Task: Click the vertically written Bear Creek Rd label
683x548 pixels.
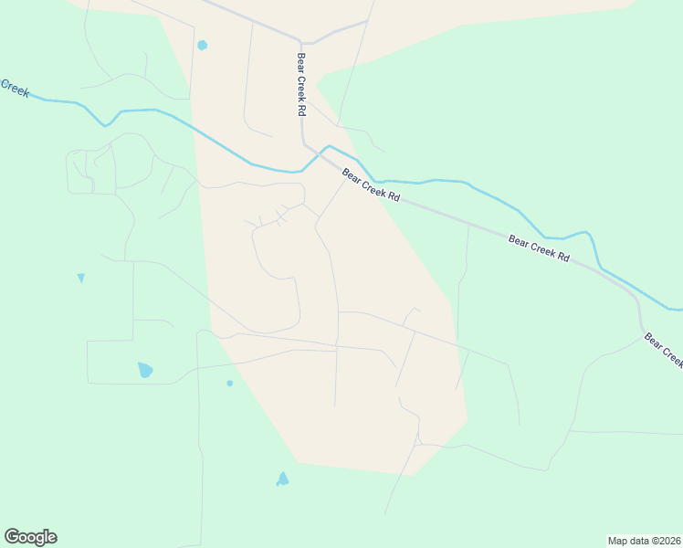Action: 300,83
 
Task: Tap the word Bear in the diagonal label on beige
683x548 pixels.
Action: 352,174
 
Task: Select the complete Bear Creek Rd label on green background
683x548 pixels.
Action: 539,248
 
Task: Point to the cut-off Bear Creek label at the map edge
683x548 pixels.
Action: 664,349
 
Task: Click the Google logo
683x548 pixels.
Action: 30,537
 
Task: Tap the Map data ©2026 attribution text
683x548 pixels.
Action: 644,540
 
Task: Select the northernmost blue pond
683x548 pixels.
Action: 202,45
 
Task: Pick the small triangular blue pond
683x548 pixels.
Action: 81,278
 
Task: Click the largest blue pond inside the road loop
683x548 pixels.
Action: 144,370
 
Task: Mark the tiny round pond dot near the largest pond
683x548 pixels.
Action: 229,383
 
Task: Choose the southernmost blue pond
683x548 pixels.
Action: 283,479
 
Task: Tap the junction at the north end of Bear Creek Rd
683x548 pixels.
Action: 300,42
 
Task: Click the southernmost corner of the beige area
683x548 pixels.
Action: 413,475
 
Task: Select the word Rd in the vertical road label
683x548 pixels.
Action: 300,109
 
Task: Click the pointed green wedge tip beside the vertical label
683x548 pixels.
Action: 316,85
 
